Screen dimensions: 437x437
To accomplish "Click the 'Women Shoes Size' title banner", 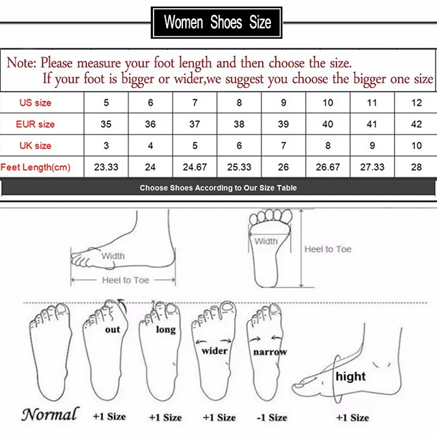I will (218, 22).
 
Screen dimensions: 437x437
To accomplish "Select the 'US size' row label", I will (35, 102).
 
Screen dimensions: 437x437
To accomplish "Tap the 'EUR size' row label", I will (36, 124).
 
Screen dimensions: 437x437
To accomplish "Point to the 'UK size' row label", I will (35, 145).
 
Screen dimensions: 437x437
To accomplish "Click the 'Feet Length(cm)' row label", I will (36, 167).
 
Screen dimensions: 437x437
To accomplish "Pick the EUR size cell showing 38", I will (239, 124).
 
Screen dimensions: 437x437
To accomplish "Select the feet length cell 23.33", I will (105, 167).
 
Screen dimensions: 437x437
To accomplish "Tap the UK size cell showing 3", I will (105, 145).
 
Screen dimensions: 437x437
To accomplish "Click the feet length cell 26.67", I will (328, 167).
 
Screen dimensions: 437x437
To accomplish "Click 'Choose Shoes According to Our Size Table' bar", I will (218, 188).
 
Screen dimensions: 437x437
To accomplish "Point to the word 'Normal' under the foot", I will (49, 414).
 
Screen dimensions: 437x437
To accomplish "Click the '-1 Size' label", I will (271, 417).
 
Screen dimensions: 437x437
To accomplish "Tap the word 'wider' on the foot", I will (214, 350).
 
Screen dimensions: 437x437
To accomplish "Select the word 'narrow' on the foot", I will (270, 352).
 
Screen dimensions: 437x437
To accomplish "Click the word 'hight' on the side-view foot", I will (350, 376).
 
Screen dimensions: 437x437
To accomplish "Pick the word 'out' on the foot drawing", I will (113, 329).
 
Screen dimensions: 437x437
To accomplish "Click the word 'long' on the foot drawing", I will (166, 329).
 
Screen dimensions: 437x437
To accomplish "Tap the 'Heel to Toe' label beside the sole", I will (328, 249).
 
